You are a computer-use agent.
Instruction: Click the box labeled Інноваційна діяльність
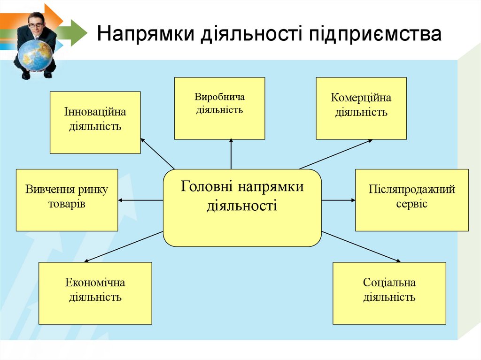95,123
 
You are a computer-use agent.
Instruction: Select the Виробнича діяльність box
219,108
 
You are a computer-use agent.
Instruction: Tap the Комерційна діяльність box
361,108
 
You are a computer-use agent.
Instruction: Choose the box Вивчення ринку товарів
67,200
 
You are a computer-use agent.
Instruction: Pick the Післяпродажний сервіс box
411,200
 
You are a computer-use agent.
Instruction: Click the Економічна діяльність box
95,293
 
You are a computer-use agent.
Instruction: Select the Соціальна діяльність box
389,293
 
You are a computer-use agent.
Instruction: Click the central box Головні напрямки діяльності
242,207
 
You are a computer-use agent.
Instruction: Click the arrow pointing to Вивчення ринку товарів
140,200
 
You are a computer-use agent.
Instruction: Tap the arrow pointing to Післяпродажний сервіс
338,200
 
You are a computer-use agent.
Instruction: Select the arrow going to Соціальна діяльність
362,246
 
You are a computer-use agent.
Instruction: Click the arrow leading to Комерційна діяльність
336,154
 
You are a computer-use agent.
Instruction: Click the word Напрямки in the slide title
146,35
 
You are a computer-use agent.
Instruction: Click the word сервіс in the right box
411,205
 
